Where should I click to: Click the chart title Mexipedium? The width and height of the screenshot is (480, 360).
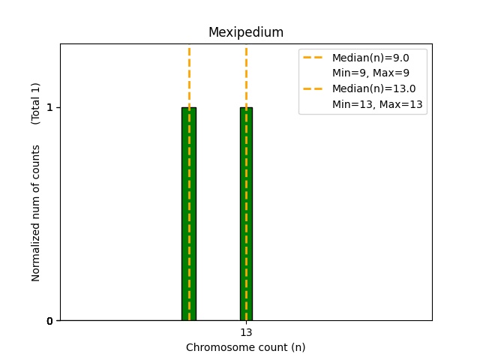tap(246, 32)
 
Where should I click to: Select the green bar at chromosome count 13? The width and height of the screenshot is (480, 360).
tap(247, 214)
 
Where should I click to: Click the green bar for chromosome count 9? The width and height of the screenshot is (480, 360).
tap(189, 214)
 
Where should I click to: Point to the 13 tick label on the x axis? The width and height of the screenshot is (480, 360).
tap(246, 332)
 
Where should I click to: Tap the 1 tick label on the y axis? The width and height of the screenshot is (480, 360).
tap(49, 107)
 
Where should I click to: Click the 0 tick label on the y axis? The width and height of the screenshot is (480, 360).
tap(49, 321)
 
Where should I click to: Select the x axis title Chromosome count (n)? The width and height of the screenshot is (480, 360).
tap(246, 347)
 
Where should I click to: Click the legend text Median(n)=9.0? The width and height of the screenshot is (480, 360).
tap(370, 58)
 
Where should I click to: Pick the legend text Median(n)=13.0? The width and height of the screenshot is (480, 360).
tap(374, 88)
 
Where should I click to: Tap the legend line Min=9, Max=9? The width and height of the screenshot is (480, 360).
tap(370, 73)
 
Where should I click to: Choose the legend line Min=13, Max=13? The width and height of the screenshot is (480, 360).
tap(377, 104)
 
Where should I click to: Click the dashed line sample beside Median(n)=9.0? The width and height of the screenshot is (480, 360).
tap(313, 58)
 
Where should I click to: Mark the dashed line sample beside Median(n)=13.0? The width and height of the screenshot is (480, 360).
tap(313, 88)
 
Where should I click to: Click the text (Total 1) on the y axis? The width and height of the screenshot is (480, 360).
tap(35, 103)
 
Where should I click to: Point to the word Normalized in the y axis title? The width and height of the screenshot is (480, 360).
tap(35, 252)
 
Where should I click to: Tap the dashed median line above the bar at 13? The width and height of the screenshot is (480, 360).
tap(247, 77)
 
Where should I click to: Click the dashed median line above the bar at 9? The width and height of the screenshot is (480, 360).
tap(190, 77)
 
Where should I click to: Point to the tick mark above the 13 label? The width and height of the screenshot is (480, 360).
tap(247, 322)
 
